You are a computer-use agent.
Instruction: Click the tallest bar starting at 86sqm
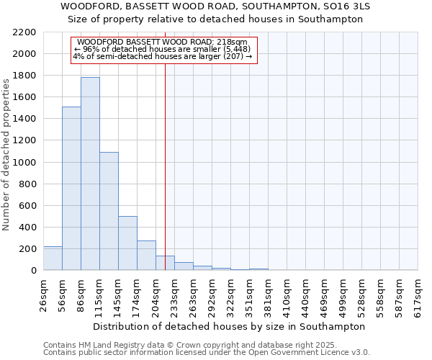coord(90,174)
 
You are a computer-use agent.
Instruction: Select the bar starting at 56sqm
coord(71,189)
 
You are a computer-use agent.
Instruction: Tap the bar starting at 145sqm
coord(127,243)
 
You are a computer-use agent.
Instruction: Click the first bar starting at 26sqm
coord(53,258)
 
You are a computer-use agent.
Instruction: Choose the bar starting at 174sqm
coord(146,256)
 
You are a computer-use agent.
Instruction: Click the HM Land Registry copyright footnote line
coord(165,345)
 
